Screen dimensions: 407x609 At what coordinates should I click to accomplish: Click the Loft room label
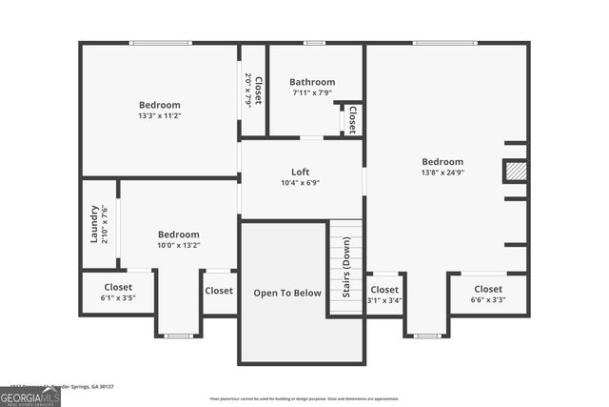pos(300,172)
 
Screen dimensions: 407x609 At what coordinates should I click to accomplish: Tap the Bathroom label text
pos(313,82)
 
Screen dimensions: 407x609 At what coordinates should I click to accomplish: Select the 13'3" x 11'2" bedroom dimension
pos(159,115)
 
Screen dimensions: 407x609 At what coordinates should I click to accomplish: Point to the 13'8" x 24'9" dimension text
pos(442,173)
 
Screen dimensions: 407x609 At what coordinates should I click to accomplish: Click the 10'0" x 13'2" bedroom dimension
pos(178,245)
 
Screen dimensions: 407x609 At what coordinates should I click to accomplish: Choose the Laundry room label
pos(94,224)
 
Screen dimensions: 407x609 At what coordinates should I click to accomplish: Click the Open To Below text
pos(287,293)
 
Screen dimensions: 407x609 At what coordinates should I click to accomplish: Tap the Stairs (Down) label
pos(346,268)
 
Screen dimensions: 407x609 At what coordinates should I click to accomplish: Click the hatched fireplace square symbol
pos(515,171)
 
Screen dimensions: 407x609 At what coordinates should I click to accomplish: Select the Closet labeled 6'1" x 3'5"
pos(118,286)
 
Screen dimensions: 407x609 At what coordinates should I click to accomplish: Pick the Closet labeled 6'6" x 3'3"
pos(488,289)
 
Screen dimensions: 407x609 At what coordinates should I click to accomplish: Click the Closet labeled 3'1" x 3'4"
pos(384,290)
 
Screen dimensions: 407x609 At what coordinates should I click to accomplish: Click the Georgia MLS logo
pos(30,395)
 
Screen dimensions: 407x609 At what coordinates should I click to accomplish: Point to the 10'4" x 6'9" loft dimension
pos(300,183)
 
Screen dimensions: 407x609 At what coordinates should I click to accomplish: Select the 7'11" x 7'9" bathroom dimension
pos(313,92)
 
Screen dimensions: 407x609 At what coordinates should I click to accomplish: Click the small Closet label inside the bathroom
pos(352,119)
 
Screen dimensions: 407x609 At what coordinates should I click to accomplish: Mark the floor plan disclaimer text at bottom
pos(304,398)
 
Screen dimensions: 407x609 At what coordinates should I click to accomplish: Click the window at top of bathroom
pos(314,43)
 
